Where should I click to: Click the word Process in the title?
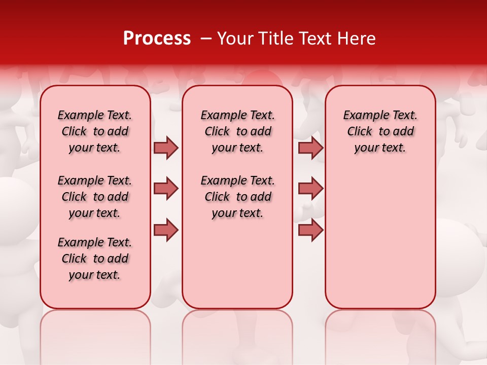click(157, 39)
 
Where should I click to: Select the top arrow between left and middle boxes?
click(166, 148)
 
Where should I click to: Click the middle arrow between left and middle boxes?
click(166, 189)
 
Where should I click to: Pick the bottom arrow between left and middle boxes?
click(166, 230)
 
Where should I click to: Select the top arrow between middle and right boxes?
click(310, 148)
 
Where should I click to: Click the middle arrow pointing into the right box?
click(310, 189)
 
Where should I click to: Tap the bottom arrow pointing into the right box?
click(310, 230)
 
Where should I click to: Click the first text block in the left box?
click(95, 131)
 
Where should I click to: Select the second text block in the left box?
click(95, 197)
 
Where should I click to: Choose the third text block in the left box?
click(95, 259)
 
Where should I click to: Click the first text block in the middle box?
click(238, 131)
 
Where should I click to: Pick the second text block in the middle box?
click(238, 197)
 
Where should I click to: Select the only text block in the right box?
click(380, 131)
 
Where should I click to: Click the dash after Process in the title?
click(205, 39)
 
